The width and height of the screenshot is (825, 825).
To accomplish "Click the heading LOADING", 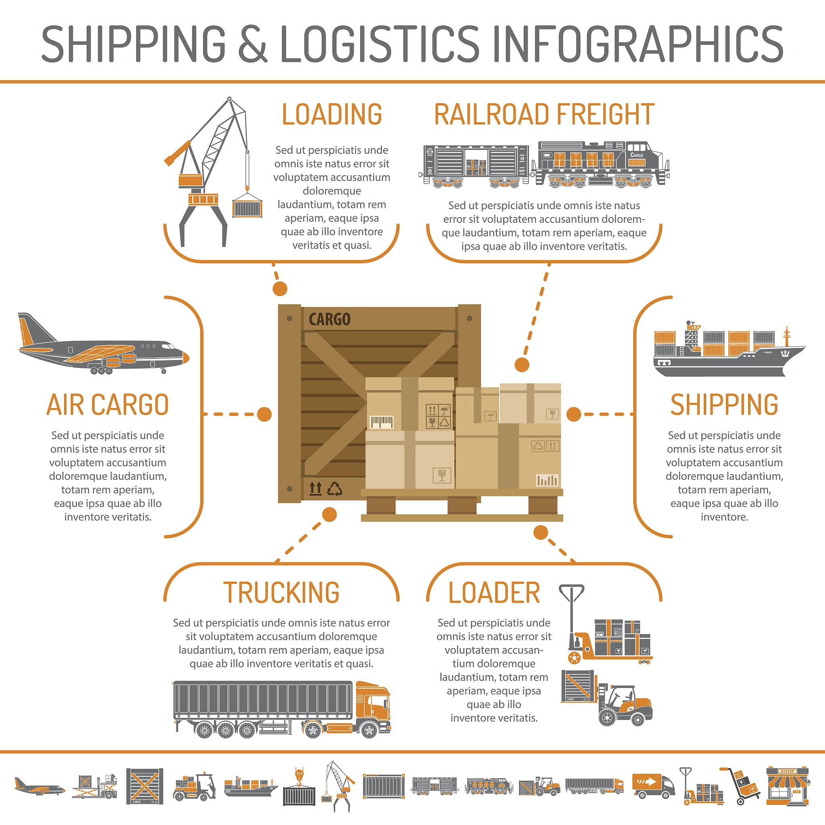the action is pyautogui.click(x=332, y=114).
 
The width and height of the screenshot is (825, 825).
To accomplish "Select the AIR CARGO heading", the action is pyautogui.click(x=108, y=405).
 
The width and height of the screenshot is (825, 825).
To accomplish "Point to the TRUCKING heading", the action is pyautogui.click(x=282, y=593).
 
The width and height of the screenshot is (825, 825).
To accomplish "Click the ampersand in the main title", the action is pyautogui.click(x=253, y=43).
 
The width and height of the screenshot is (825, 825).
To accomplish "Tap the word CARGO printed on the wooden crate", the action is pyautogui.click(x=330, y=319).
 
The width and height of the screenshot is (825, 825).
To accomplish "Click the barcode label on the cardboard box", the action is pyautogui.click(x=381, y=422).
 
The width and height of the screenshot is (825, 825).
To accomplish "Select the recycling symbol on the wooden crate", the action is pyautogui.click(x=335, y=489).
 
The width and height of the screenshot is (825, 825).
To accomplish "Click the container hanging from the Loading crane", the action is pyautogui.click(x=247, y=207).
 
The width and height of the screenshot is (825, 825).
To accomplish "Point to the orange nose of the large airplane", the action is pyautogui.click(x=186, y=357).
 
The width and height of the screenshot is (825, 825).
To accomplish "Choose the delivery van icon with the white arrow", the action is pyautogui.click(x=653, y=786).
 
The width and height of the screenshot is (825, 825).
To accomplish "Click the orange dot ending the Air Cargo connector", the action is pyautogui.click(x=264, y=414).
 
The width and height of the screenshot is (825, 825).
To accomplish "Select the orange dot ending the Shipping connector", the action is pyautogui.click(x=574, y=414).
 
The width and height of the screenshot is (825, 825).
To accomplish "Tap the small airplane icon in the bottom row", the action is pyautogui.click(x=39, y=787).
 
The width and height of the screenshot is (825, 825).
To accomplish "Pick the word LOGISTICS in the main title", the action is pyautogui.click(x=380, y=43).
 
